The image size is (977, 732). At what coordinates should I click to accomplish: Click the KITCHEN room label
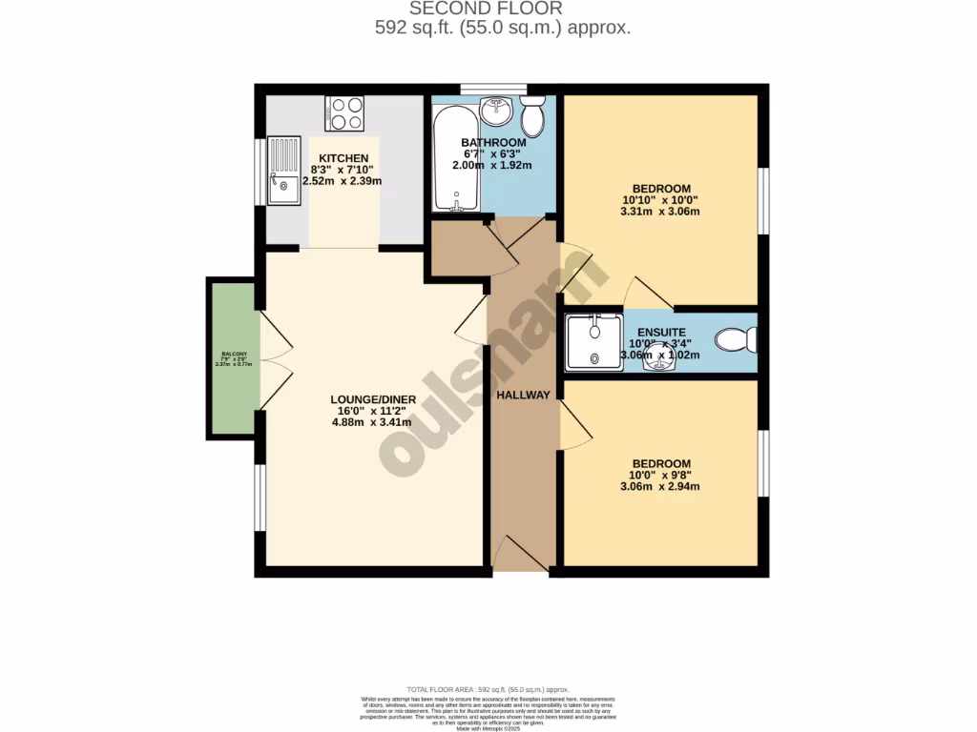point(343,158)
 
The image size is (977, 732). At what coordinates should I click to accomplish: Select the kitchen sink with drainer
point(284,172)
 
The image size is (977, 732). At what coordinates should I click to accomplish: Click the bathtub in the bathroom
point(456,159)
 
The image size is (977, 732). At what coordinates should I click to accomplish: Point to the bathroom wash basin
point(495,112)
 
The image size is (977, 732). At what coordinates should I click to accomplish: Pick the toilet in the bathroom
point(533,116)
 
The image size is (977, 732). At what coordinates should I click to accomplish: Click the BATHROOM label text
point(493,143)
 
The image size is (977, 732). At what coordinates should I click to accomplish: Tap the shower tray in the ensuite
point(592,341)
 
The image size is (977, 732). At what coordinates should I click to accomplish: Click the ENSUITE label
point(661,333)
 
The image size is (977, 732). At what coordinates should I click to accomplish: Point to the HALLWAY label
point(523,395)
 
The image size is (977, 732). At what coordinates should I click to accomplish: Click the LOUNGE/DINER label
point(370,399)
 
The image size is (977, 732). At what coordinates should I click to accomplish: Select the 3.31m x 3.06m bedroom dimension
point(660,212)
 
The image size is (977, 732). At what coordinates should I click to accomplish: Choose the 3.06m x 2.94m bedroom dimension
point(660,486)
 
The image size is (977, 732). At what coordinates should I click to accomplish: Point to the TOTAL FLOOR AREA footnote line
point(488,689)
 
